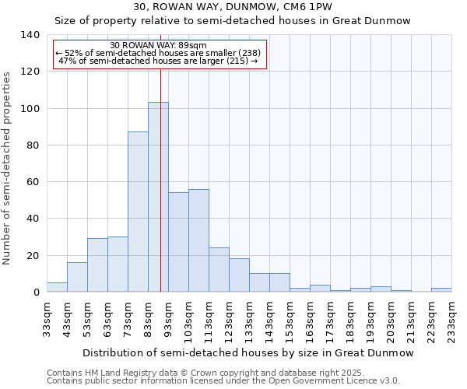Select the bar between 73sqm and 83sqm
click(x=138, y=212)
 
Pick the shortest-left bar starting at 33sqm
click(x=57, y=287)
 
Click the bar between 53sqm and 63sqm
click(x=97, y=265)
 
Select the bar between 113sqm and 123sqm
click(x=219, y=270)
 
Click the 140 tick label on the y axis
click(x=30, y=35)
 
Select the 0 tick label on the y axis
click(x=36, y=293)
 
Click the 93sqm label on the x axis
click(x=169, y=319)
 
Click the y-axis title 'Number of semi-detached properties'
click(x=8, y=167)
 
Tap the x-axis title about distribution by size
click(x=248, y=353)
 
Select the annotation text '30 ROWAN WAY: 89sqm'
click(x=159, y=46)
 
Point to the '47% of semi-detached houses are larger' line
click(x=158, y=61)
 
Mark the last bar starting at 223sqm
click(x=441, y=290)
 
